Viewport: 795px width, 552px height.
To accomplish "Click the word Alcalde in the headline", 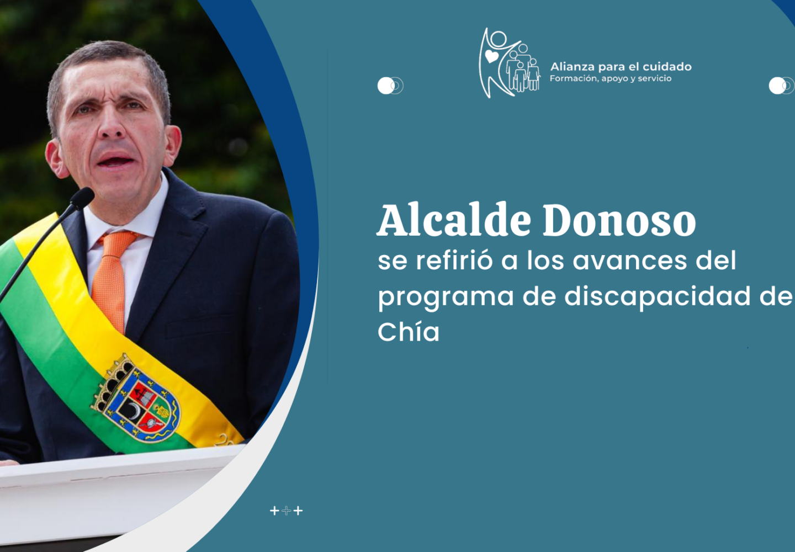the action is (x=454, y=220).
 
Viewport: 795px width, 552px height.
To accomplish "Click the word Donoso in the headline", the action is (x=619, y=220).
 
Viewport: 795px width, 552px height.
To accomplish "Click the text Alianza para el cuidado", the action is (x=621, y=67).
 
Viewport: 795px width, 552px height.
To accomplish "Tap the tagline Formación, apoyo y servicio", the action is (x=611, y=78).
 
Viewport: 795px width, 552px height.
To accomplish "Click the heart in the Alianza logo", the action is (x=491, y=56).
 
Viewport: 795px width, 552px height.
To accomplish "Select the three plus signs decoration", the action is (x=286, y=511).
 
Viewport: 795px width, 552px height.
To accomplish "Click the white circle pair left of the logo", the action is (x=390, y=86).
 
